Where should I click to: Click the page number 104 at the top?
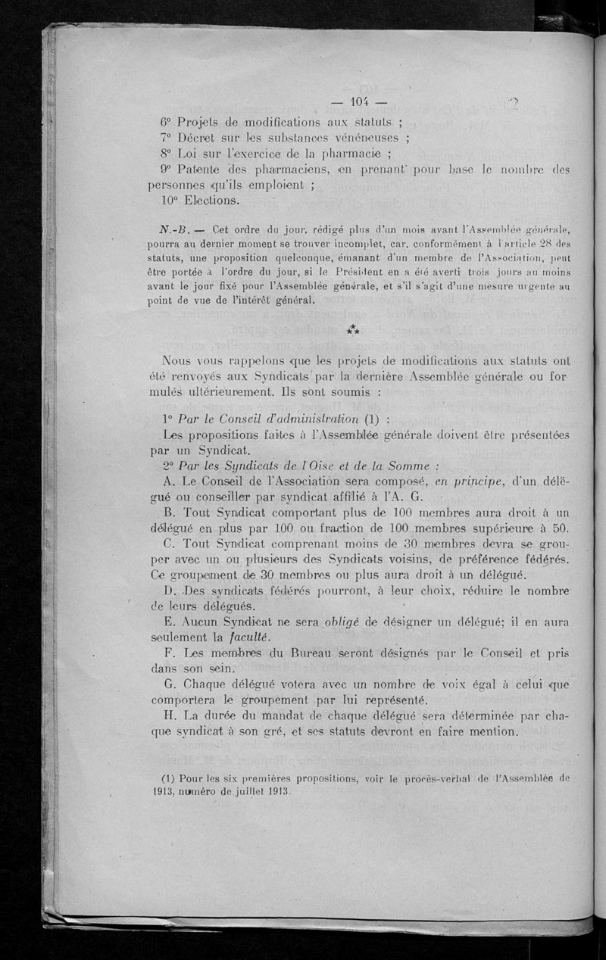point(359,101)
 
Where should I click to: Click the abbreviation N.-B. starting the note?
point(176,230)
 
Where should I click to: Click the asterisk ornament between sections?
point(353,329)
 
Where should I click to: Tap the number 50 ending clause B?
point(559,528)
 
